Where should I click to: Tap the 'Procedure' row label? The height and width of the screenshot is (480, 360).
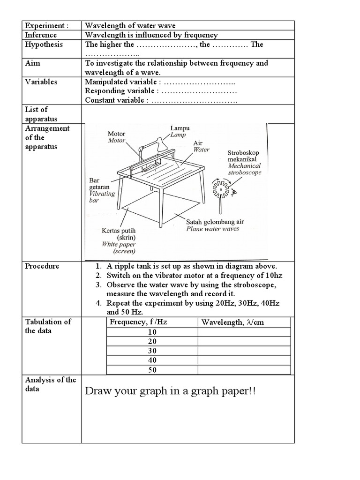click(x=42, y=266)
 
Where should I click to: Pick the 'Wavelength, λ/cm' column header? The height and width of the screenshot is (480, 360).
click(x=235, y=322)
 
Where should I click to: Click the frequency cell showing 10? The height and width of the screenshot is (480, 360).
click(x=152, y=332)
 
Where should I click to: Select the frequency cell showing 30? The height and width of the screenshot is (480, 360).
click(x=152, y=351)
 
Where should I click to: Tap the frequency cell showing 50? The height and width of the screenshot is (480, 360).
click(x=152, y=370)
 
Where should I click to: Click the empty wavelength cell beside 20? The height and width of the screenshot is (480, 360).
click(x=244, y=342)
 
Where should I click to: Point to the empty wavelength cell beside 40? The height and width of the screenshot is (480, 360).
click(x=244, y=360)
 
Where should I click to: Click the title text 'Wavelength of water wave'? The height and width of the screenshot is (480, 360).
click(x=130, y=25)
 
